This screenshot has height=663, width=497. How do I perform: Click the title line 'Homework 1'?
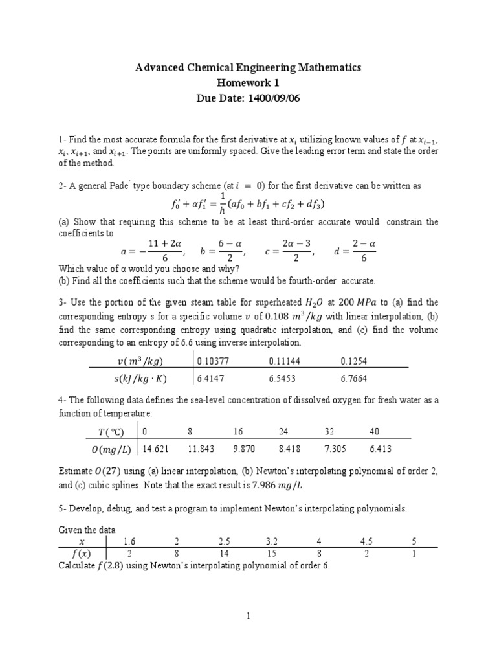pyautogui.click(x=248, y=84)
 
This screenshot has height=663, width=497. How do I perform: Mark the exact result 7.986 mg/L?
pyautogui.click(x=278, y=486)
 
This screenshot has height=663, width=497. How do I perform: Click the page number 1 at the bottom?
pyautogui.click(x=248, y=617)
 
